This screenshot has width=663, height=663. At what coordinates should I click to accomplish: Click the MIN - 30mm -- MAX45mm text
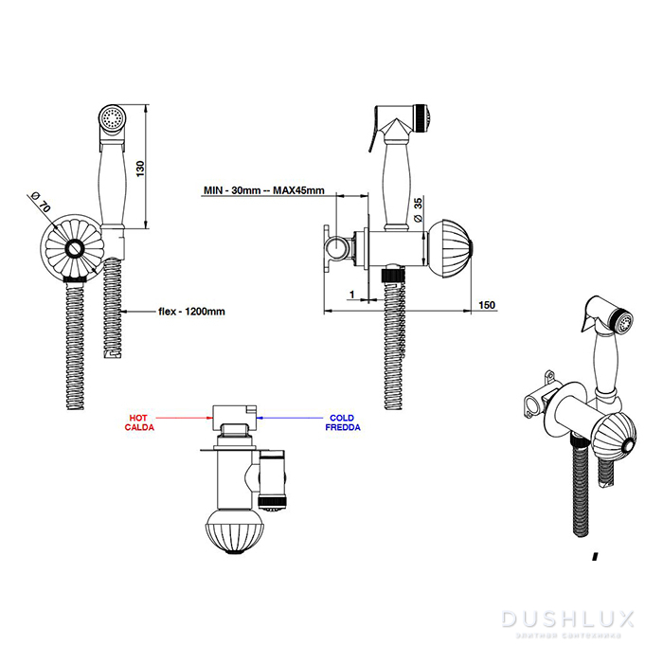(264, 190)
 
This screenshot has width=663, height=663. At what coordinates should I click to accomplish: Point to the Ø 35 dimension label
(418, 207)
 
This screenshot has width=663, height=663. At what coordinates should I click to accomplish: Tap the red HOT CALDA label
(138, 421)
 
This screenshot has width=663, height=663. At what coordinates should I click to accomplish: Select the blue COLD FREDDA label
(342, 421)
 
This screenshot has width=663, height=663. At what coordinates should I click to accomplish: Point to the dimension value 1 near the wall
(350, 296)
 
